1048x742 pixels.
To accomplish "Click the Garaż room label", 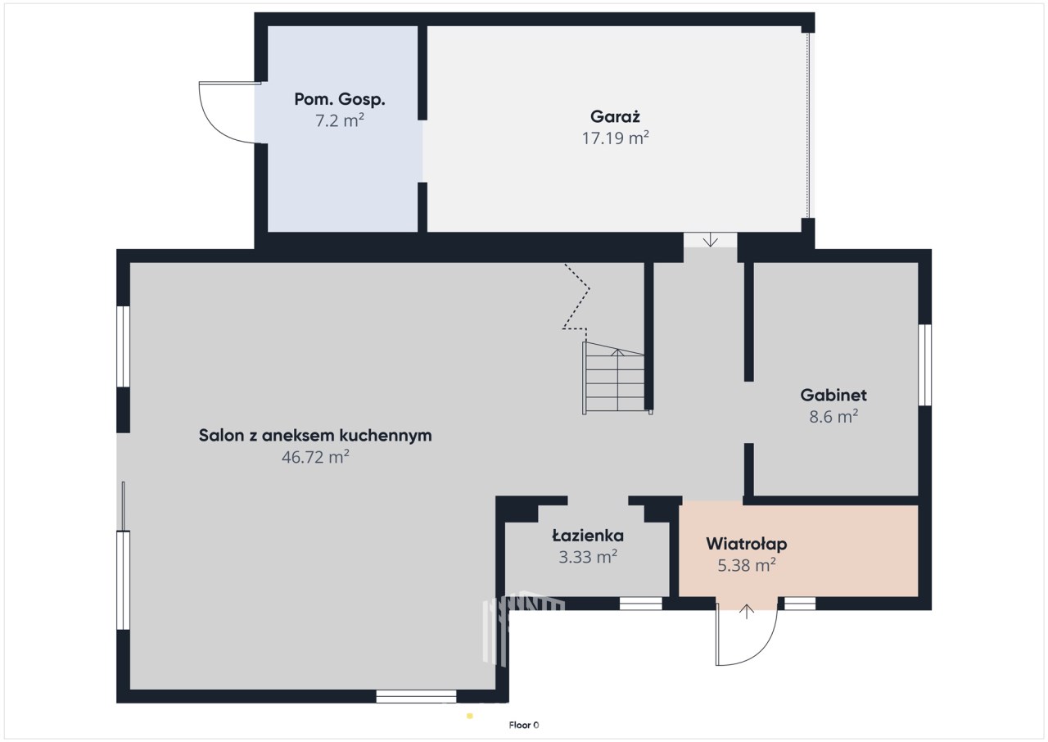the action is (615, 116).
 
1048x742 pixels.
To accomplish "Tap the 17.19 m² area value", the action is (615, 138).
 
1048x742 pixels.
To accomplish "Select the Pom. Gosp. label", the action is (340, 100).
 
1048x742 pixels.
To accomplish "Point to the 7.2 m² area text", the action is (340, 120).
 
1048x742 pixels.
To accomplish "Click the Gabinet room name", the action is (833, 395).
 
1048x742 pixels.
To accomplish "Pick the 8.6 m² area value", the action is (833, 416).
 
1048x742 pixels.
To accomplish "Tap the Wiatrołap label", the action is (746, 544).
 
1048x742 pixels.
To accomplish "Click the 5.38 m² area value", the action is (746, 565).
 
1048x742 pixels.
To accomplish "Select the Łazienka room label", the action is (588, 536).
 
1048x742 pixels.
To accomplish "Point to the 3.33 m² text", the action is (588, 557).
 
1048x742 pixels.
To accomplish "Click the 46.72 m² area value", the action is (315, 457).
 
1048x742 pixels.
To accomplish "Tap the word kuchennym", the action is (386, 436).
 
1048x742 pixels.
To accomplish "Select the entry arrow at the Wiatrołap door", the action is (746, 612).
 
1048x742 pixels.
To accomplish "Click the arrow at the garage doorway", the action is (710, 239).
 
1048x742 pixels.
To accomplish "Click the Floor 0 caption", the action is (524, 725).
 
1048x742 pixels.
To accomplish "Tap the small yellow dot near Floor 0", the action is (470, 717).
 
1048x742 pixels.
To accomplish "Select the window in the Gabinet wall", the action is (924, 365).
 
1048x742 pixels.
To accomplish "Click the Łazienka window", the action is (640, 604).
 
